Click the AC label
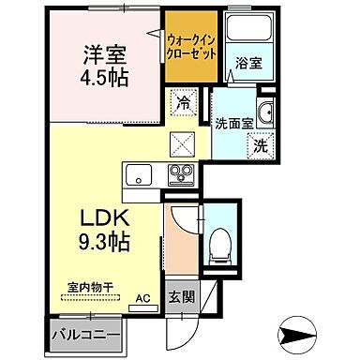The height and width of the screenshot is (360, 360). [142, 299]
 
